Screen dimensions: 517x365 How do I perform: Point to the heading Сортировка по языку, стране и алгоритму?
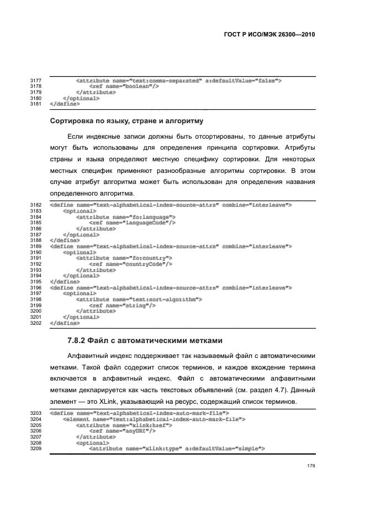128,120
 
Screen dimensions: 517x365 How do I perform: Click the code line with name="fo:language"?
125,217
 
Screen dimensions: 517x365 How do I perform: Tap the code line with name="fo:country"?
124,257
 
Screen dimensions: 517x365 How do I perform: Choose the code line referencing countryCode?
128,263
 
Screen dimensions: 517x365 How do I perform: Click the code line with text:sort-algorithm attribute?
139,299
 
